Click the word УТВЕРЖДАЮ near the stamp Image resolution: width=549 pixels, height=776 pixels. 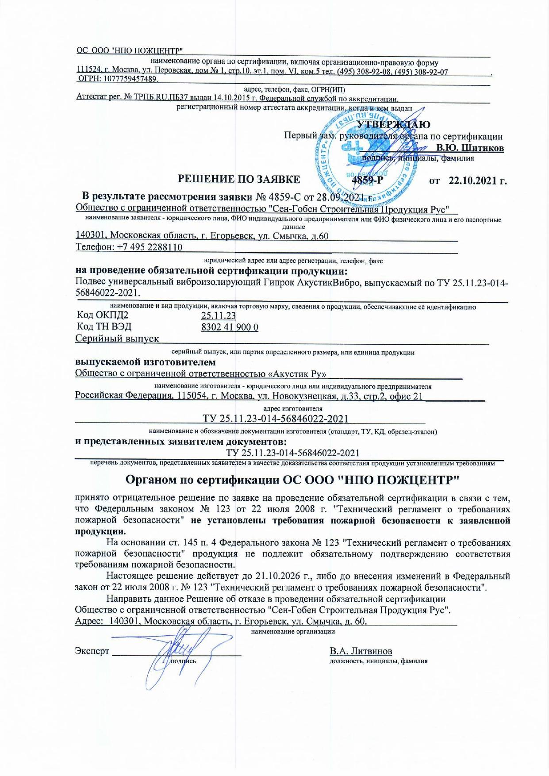coord(393,125)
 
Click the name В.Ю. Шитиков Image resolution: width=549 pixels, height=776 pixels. coord(470,148)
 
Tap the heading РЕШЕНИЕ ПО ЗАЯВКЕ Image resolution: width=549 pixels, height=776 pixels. coord(239,179)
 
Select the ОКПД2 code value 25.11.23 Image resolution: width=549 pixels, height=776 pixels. coord(219,316)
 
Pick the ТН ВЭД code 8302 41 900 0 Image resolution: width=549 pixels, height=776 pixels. coord(230,327)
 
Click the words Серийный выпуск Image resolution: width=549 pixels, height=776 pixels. coord(117,339)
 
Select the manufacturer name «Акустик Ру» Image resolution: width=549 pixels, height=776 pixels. coord(300,374)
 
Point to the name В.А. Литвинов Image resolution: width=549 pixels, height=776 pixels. coord(361,651)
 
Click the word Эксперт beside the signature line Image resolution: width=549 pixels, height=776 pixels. coord(92,651)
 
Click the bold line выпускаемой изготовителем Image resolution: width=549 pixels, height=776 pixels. coord(146,362)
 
